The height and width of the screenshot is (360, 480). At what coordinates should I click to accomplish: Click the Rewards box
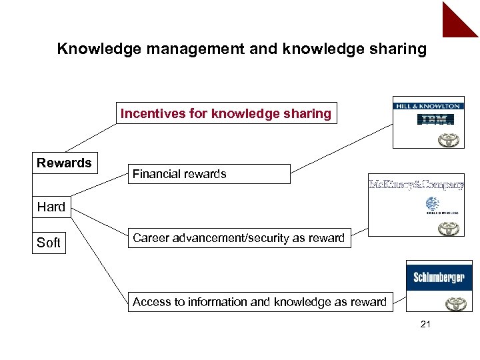[64, 163]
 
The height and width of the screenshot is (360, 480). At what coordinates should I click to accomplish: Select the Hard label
[51, 207]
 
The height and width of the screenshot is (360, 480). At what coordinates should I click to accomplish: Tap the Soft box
[49, 243]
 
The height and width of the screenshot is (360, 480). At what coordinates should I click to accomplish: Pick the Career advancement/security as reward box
[239, 238]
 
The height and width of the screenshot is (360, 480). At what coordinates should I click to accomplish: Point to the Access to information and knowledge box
[259, 302]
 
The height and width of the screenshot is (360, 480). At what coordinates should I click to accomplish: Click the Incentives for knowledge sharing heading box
[225, 113]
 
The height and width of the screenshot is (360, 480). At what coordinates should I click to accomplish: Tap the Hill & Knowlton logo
[427, 105]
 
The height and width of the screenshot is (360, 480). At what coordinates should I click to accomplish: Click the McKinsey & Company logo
[417, 185]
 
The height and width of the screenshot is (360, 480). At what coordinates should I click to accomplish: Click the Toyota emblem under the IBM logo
[448, 140]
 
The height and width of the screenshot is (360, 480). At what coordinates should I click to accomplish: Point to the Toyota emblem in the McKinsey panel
[448, 228]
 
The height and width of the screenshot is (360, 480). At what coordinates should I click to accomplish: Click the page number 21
[427, 325]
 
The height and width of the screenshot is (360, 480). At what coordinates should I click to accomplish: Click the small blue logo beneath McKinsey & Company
[433, 207]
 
